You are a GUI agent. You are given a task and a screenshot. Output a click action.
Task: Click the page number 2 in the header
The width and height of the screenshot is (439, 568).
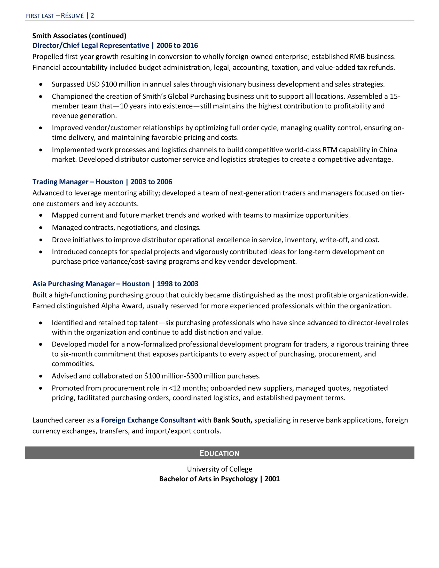pyautogui.click(x=92, y=15)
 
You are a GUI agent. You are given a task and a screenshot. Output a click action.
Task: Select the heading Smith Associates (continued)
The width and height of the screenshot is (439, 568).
pyautogui.click(x=79, y=36)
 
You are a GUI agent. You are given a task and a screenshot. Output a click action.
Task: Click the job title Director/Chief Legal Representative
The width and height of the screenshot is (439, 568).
pyautogui.click(x=91, y=45)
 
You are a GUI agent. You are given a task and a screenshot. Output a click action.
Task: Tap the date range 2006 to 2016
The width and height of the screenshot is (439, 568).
pyautogui.click(x=177, y=45)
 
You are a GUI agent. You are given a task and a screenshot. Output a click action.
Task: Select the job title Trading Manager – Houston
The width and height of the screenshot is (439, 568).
pyautogui.click(x=78, y=182)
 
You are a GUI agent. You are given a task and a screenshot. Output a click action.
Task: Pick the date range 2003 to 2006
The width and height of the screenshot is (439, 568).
pyautogui.click(x=151, y=182)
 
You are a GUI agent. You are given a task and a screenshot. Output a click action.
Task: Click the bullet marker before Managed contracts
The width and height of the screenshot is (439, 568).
pyautogui.click(x=41, y=227)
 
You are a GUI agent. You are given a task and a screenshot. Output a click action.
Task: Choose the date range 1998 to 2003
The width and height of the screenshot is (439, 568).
pyautogui.click(x=178, y=284)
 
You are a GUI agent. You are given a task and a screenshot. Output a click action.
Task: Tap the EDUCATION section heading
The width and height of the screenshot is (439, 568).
pyautogui.click(x=219, y=453)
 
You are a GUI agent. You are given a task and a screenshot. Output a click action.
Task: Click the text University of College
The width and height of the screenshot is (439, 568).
pyautogui.click(x=219, y=469)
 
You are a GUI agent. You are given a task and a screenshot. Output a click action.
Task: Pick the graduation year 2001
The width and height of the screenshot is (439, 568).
pyautogui.click(x=272, y=479)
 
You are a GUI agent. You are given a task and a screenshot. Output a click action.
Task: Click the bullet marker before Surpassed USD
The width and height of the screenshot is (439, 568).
pyautogui.click(x=41, y=84)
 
